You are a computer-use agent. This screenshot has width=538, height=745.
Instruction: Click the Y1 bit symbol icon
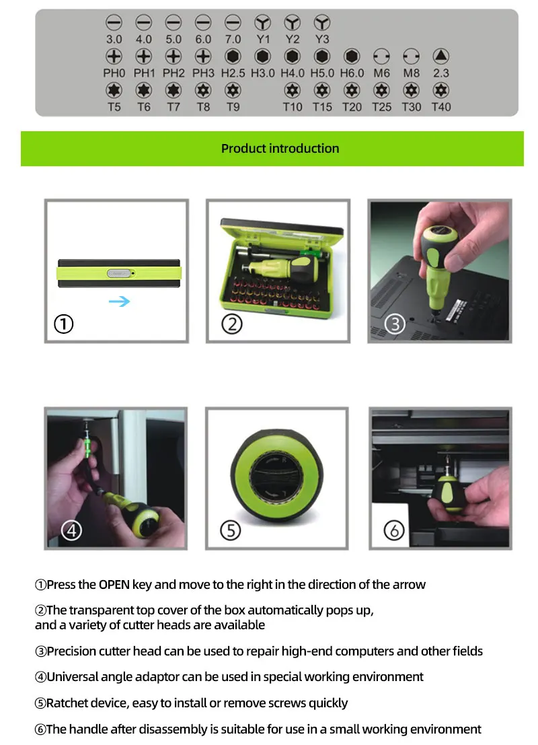pyautogui.click(x=262, y=22)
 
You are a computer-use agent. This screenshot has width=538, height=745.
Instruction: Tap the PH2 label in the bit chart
pyautogui.click(x=174, y=73)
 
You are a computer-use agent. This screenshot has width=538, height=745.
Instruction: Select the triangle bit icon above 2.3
pyautogui.click(x=441, y=56)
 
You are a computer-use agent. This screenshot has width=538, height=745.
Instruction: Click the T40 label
pyautogui.click(x=441, y=107)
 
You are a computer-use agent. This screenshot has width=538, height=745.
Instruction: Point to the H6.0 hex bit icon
pyautogui.click(x=352, y=56)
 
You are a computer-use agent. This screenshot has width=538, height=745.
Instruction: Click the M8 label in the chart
pyautogui.click(x=411, y=73)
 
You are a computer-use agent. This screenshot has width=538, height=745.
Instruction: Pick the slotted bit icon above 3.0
pyautogui.click(x=114, y=22)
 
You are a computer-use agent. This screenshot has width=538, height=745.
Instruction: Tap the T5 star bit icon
pyautogui.click(x=114, y=90)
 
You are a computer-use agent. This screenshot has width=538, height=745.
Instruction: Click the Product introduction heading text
pyautogui.click(x=280, y=149)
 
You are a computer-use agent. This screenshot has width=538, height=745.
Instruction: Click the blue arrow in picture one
pyautogui.click(x=119, y=301)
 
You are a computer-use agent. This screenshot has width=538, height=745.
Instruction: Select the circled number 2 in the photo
pyautogui.click(x=232, y=324)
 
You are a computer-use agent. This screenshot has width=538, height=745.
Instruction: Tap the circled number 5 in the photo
pyautogui.click(x=231, y=530)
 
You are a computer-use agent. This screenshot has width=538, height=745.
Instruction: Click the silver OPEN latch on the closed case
pyautogui.click(x=119, y=273)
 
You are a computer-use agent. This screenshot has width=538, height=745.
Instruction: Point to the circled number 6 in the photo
pyautogui.click(x=394, y=530)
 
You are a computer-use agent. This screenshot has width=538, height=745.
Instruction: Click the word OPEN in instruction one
pyautogui.click(x=114, y=584)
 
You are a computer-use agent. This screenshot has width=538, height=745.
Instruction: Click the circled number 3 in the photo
pyautogui.click(x=395, y=324)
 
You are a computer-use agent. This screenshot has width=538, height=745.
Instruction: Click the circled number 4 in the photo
pyautogui.click(x=72, y=530)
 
